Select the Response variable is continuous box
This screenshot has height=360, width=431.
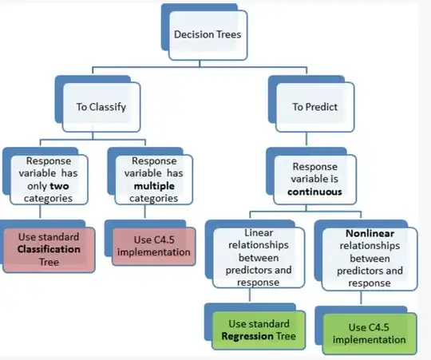coord(314,180)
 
